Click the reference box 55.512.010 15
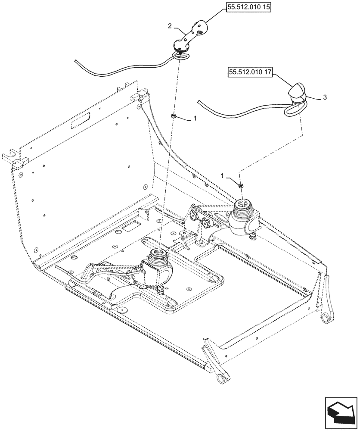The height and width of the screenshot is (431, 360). (247, 8)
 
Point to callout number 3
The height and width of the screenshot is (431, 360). (324, 98)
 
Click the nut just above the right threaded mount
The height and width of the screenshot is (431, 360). (240, 185)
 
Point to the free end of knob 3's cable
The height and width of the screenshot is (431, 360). (199, 102)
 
